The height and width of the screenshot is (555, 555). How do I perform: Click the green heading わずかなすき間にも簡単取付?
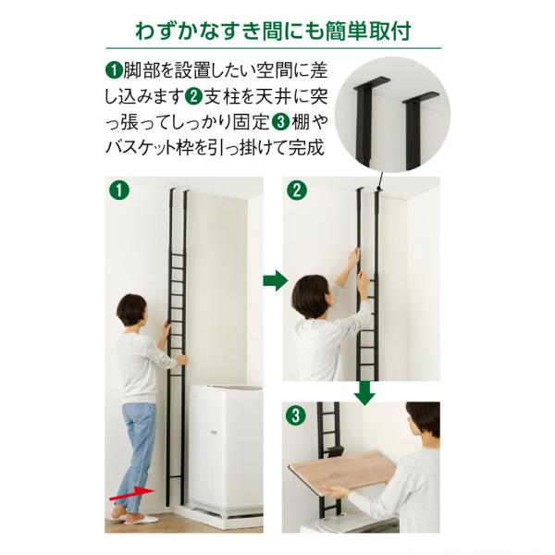pyautogui.click(x=273, y=31)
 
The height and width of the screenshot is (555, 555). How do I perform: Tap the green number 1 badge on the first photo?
pyautogui.click(x=119, y=191)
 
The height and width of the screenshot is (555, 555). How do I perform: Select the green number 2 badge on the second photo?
pyautogui.click(x=297, y=191)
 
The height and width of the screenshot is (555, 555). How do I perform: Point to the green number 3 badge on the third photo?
pyautogui.click(x=296, y=415)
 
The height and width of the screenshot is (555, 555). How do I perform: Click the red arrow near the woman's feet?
pyautogui.click(x=132, y=493)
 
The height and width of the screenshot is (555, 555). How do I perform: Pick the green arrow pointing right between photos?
pyautogui.click(x=276, y=280)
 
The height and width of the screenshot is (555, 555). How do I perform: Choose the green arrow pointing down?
pyautogui.click(x=365, y=393)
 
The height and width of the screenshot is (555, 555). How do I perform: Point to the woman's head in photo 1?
pyautogui.click(x=131, y=311)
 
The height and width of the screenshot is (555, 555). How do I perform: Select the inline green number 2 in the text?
pyautogui.click(x=193, y=96)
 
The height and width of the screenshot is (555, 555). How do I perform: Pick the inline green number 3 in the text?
pyautogui.click(x=280, y=122)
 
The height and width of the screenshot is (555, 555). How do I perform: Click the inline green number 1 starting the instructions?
pyautogui.click(x=114, y=70)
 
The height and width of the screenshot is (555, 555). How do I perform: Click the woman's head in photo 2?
pyautogui.click(x=311, y=297)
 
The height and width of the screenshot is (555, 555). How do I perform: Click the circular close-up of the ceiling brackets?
pyautogui.click(x=392, y=115)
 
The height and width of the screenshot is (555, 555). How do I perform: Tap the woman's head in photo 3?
pyautogui.click(x=424, y=422)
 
